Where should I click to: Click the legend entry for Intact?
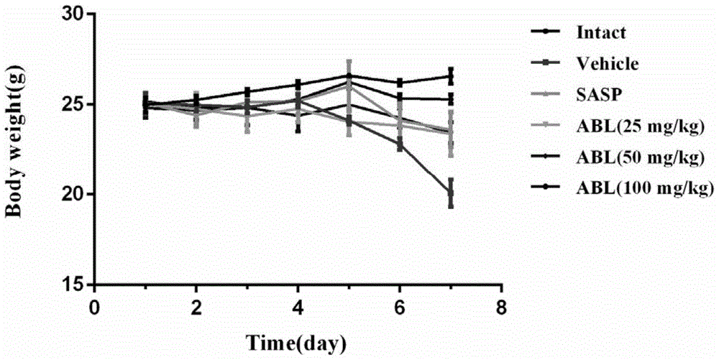(601, 32)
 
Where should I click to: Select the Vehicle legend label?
(607, 63)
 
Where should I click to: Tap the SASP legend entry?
(596, 95)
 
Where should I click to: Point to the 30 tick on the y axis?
(72, 14)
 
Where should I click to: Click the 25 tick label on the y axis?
(72, 104)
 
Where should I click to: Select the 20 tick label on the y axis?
(72, 194)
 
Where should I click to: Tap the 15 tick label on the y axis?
(72, 285)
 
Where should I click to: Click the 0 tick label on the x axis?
(94, 305)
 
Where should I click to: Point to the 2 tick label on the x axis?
(196, 305)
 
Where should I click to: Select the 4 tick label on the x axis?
(298, 305)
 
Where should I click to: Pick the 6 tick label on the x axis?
(400, 305)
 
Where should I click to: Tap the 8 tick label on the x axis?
(502, 305)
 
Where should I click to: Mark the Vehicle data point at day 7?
(451, 193)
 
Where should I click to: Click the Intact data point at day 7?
(451, 77)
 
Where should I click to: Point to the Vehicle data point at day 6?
(400, 144)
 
